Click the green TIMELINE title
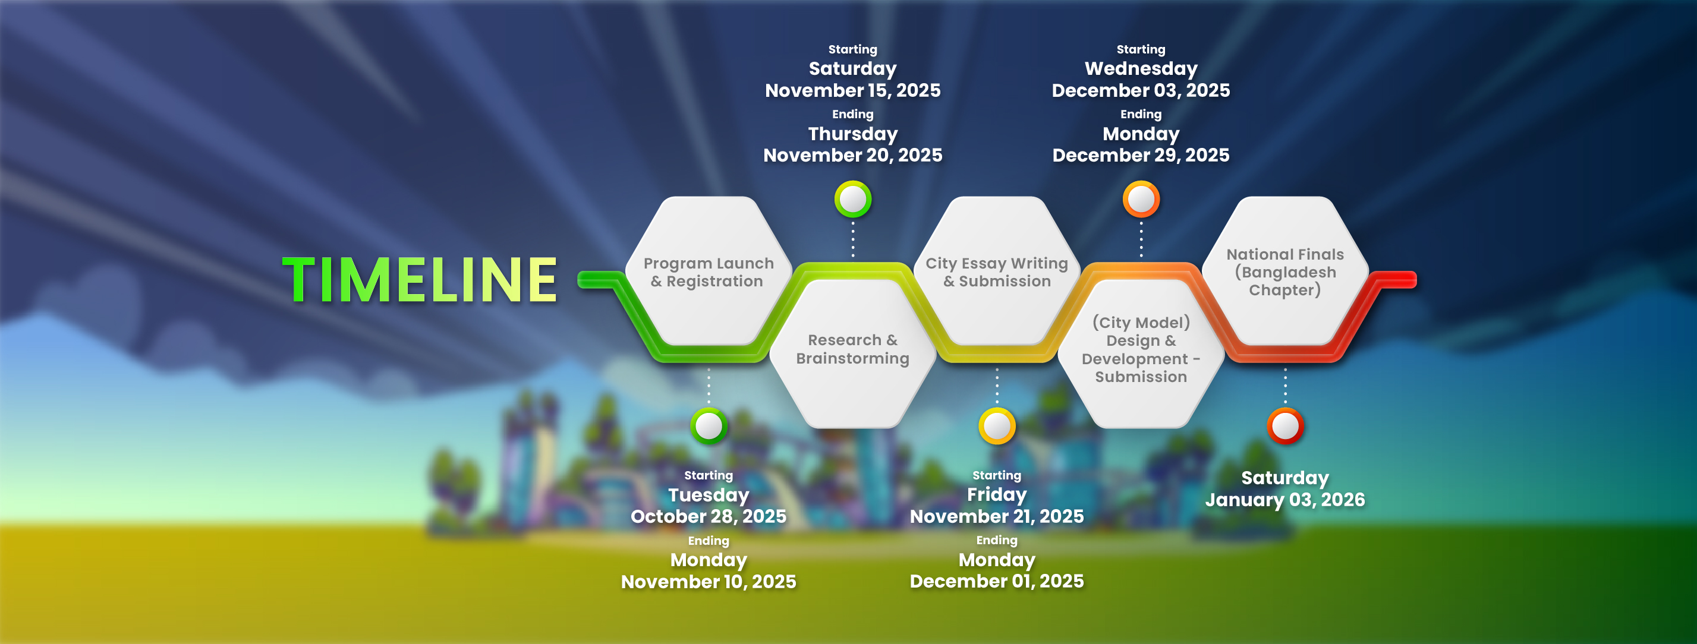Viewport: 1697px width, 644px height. [420, 280]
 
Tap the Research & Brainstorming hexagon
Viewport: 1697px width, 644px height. [852, 353]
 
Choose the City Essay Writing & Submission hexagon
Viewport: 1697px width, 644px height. [997, 271]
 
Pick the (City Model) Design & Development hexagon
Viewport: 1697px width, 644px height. [1141, 353]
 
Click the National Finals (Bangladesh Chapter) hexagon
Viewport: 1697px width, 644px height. [1285, 271]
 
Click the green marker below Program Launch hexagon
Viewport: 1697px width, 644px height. [709, 426]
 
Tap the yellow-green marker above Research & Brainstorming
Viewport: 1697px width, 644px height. [853, 199]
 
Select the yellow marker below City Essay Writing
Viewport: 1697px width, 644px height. [997, 426]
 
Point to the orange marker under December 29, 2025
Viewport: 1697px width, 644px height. [1141, 199]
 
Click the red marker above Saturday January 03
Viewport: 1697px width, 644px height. [1285, 426]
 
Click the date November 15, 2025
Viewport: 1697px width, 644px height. [852, 90]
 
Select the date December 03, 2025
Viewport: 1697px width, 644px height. [1141, 90]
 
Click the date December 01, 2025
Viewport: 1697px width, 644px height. [997, 581]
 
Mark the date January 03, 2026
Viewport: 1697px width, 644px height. [1285, 500]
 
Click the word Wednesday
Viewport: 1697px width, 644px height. [1141, 68]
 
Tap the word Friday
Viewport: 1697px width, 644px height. [997, 494]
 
